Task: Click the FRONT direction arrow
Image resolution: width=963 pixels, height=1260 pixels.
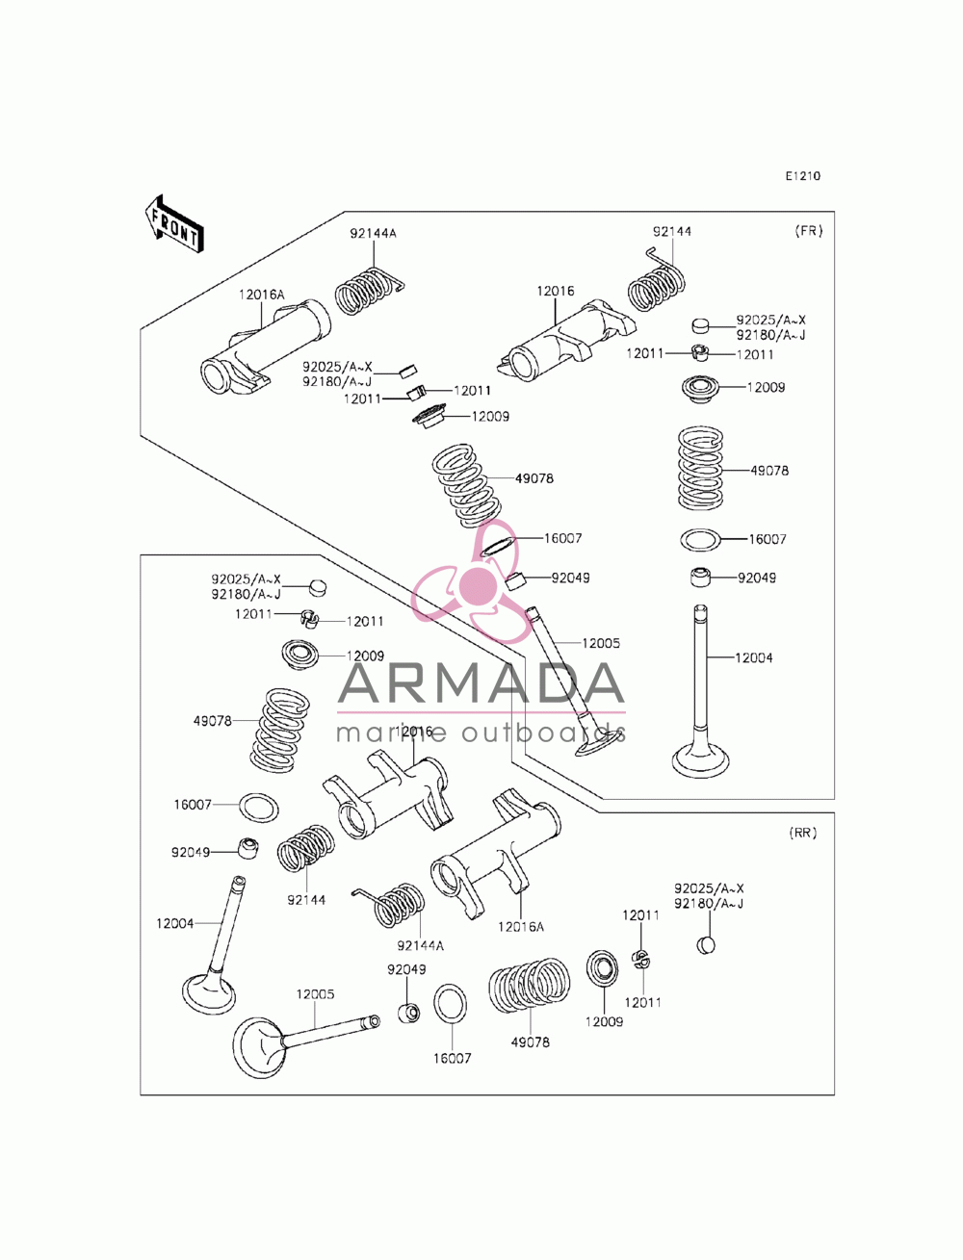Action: (173, 224)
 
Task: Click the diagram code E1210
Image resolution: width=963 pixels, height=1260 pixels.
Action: (802, 176)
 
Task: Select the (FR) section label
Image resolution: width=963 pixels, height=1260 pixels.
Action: (808, 231)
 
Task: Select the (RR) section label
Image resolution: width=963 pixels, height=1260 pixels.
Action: (802, 833)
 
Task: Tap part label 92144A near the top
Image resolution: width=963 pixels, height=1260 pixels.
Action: (374, 234)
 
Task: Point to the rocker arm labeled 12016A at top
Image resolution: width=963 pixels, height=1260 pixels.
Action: (265, 347)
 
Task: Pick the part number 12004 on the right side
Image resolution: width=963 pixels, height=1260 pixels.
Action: (753, 657)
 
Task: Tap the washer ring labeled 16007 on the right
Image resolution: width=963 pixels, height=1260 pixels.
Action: (700, 540)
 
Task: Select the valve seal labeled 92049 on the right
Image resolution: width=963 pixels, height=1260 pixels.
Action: (699, 577)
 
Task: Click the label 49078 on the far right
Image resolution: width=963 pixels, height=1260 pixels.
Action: (769, 471)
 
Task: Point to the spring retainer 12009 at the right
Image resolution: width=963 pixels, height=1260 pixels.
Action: (700, 389)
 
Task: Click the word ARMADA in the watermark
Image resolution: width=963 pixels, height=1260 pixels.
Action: (481, 682)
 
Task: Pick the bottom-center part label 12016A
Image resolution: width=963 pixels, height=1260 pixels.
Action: (520, 927)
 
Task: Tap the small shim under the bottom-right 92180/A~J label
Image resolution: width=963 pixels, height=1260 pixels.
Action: (706, 945)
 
